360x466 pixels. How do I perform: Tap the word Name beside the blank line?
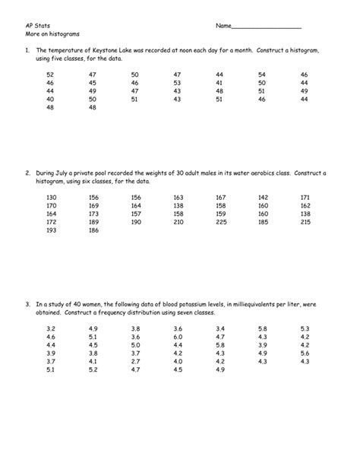pos(223,26)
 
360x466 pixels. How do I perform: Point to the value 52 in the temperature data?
pos(50,74)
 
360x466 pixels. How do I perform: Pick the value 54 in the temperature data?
pos(262,74)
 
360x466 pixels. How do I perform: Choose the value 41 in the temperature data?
pos(219,83)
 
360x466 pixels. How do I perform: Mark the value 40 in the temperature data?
pos(50,99)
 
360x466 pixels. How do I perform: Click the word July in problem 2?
pos(70,173)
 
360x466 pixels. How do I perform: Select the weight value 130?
pos(52,197)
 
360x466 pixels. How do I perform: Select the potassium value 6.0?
pos(178,336)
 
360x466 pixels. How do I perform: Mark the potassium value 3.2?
pos(50,328)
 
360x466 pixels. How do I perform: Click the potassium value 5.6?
pos(305,353)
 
